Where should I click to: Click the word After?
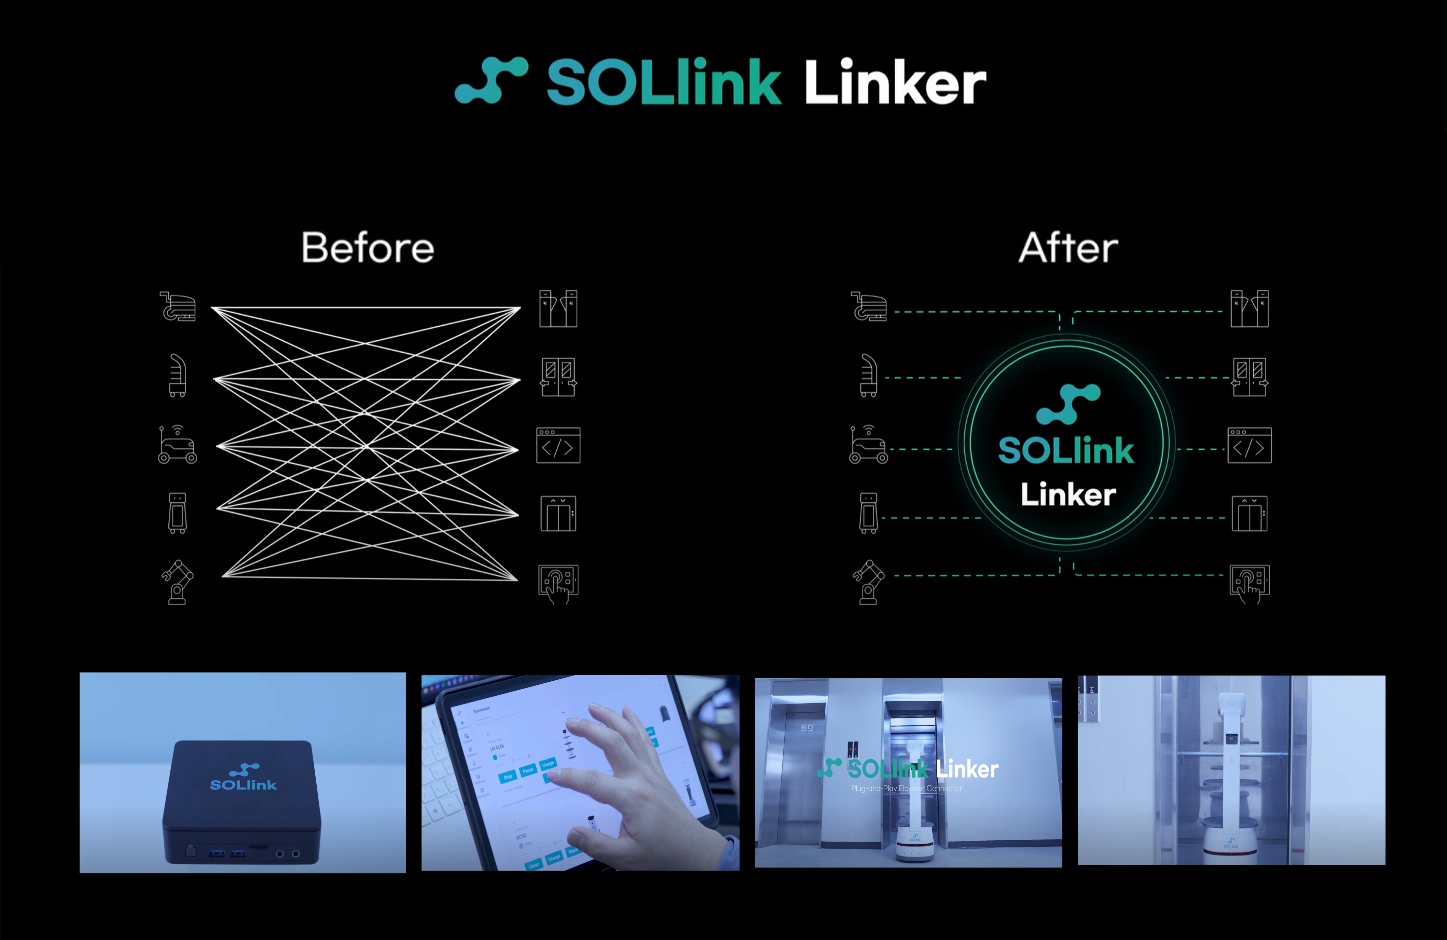click(x=1068, y=248)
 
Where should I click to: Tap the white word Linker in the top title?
click(x=895, y=82)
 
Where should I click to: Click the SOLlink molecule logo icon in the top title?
click(x=491, y=80)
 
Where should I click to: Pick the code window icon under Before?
click(x=558, y=446)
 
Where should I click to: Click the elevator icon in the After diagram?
click(x=1250, y=514)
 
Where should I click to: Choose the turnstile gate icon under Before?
click(x=558, y=309)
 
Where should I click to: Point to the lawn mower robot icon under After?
click(x=868, y=445)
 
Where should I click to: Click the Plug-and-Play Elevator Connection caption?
click(x=907, y=789)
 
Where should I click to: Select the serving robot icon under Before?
click(x=177, y=375)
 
